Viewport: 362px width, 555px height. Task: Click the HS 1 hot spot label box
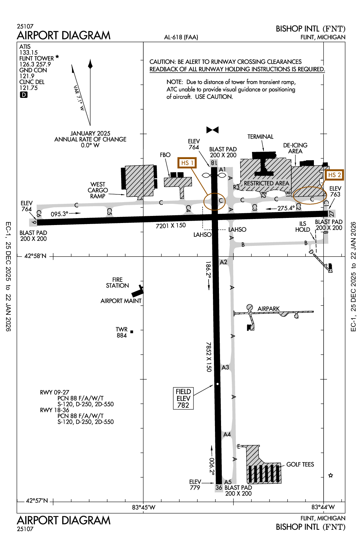[187, 163]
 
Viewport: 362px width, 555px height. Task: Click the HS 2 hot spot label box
[334, 175]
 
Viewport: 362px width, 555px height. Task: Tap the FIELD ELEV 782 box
[183, 398]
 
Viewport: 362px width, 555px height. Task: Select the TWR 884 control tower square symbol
[132, 332]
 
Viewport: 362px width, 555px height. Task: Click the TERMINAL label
[260, 137]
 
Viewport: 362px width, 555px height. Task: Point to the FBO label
[165, 155]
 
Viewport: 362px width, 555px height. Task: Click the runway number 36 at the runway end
[219, 487]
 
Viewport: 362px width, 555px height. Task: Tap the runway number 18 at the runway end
[214, 163]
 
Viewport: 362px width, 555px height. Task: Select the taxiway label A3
[225, 367]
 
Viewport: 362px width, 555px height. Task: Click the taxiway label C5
[109, 212]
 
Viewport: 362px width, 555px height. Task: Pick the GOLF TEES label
[300, 465]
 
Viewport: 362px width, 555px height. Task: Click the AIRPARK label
[268, 308]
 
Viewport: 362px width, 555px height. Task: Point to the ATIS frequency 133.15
[29, 52]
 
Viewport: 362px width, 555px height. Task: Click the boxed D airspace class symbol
[24, 95]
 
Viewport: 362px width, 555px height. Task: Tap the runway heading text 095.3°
[60, 214]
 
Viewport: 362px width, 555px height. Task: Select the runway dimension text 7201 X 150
[171, 226]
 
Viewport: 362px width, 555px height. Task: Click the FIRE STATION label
[117, 283]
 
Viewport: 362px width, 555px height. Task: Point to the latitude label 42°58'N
[35, 256]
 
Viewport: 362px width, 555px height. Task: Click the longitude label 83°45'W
[144, 507]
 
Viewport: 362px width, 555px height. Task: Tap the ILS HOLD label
[302, 227]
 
